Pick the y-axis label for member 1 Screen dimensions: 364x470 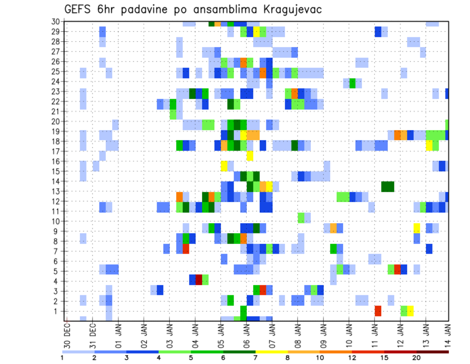click(57, 311)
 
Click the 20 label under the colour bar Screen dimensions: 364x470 click(417, 358)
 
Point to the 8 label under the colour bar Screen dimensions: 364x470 click(288, 358)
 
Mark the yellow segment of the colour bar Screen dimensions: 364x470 click(272, 352)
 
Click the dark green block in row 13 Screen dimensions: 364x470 click(388, 186)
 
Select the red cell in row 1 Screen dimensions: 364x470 click(378, 311)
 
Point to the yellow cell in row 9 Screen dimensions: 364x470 click(417, 228)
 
